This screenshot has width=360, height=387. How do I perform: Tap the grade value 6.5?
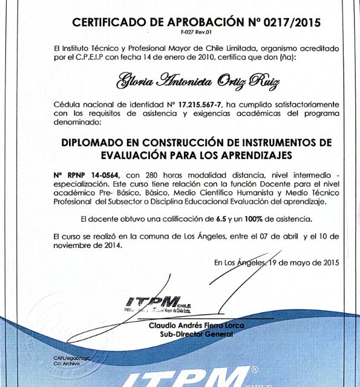click(x=221, y=218)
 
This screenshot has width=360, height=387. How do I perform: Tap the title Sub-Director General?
click(x=197, y=334)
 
